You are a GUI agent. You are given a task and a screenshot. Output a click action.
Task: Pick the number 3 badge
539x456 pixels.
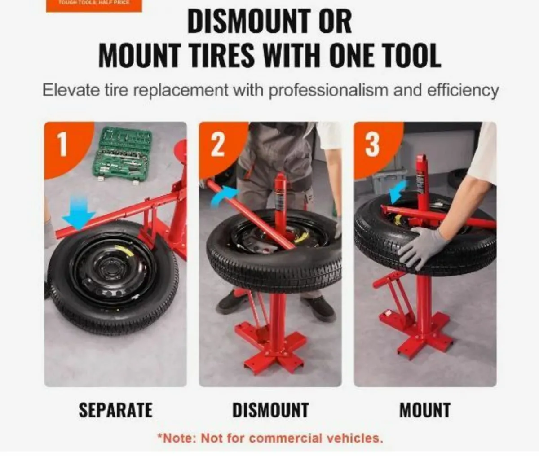(372, 144)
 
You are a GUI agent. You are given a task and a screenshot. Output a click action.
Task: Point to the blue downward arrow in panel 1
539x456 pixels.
(79, 215)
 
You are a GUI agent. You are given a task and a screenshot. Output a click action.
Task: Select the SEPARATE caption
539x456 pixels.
(115, 410)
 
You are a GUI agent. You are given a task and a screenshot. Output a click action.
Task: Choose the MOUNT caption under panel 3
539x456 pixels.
(424, 410)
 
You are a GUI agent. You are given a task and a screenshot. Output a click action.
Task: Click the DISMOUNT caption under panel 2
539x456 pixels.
(270, 410)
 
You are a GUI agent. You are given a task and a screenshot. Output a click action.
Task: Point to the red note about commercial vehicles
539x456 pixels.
(270, 438)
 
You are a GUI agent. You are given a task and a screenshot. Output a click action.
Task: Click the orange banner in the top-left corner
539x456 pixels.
(94, 4)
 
